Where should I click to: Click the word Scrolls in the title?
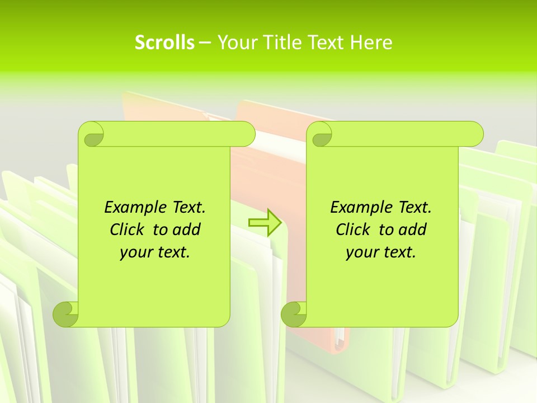(x=164, y=43)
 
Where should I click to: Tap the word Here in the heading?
(x=371, y=43)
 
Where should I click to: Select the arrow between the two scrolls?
(x=264, y=222)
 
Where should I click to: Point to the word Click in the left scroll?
(x=128, y=229)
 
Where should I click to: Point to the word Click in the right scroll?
(x=353, y=229)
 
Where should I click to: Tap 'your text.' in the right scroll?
(x=381, y=252)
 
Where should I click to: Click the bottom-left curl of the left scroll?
(x=65, y=314)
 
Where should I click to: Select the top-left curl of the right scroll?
(x=320, y=135)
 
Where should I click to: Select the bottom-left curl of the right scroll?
(x=294, y=314)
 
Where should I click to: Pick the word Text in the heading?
(x=326, y=43)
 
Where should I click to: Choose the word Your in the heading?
(x=235, y=43)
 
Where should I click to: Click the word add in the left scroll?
(x=187, y=229)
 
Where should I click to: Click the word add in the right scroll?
(x=413, y=229)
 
